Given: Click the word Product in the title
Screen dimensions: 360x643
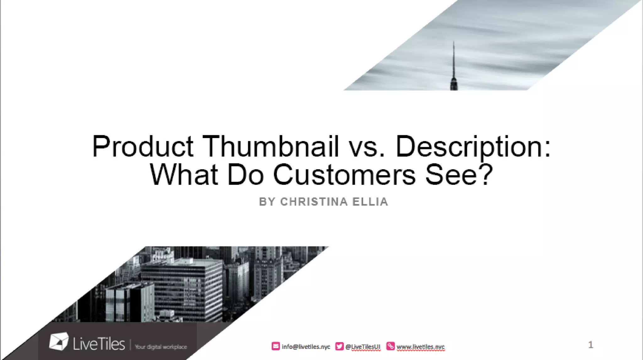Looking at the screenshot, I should tap(143, 146).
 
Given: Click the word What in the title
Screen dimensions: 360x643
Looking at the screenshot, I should tap(184, 175).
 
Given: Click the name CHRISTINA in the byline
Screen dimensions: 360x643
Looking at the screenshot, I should tap(314, 202).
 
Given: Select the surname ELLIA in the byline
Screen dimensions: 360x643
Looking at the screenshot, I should tap(370, 202).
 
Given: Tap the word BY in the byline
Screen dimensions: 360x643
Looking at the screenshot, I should tap(267, 202).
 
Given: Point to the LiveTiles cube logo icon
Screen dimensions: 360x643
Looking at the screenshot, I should tap(59, 341).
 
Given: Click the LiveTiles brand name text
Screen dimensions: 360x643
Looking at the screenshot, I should tap(99, 344).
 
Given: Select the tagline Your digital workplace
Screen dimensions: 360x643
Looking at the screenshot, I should tap(161, 347).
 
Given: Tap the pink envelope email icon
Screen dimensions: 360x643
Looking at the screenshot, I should tap(275, 346).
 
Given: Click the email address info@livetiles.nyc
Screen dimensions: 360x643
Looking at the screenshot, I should tap(306, 347).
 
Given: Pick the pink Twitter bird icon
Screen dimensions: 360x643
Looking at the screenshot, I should tap(339, 346).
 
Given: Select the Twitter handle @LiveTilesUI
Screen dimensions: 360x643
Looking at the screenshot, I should tap(363, 347).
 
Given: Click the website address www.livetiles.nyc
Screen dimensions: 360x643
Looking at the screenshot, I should tap(420, 347).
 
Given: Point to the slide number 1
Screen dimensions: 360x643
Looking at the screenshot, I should tap(591, 345).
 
